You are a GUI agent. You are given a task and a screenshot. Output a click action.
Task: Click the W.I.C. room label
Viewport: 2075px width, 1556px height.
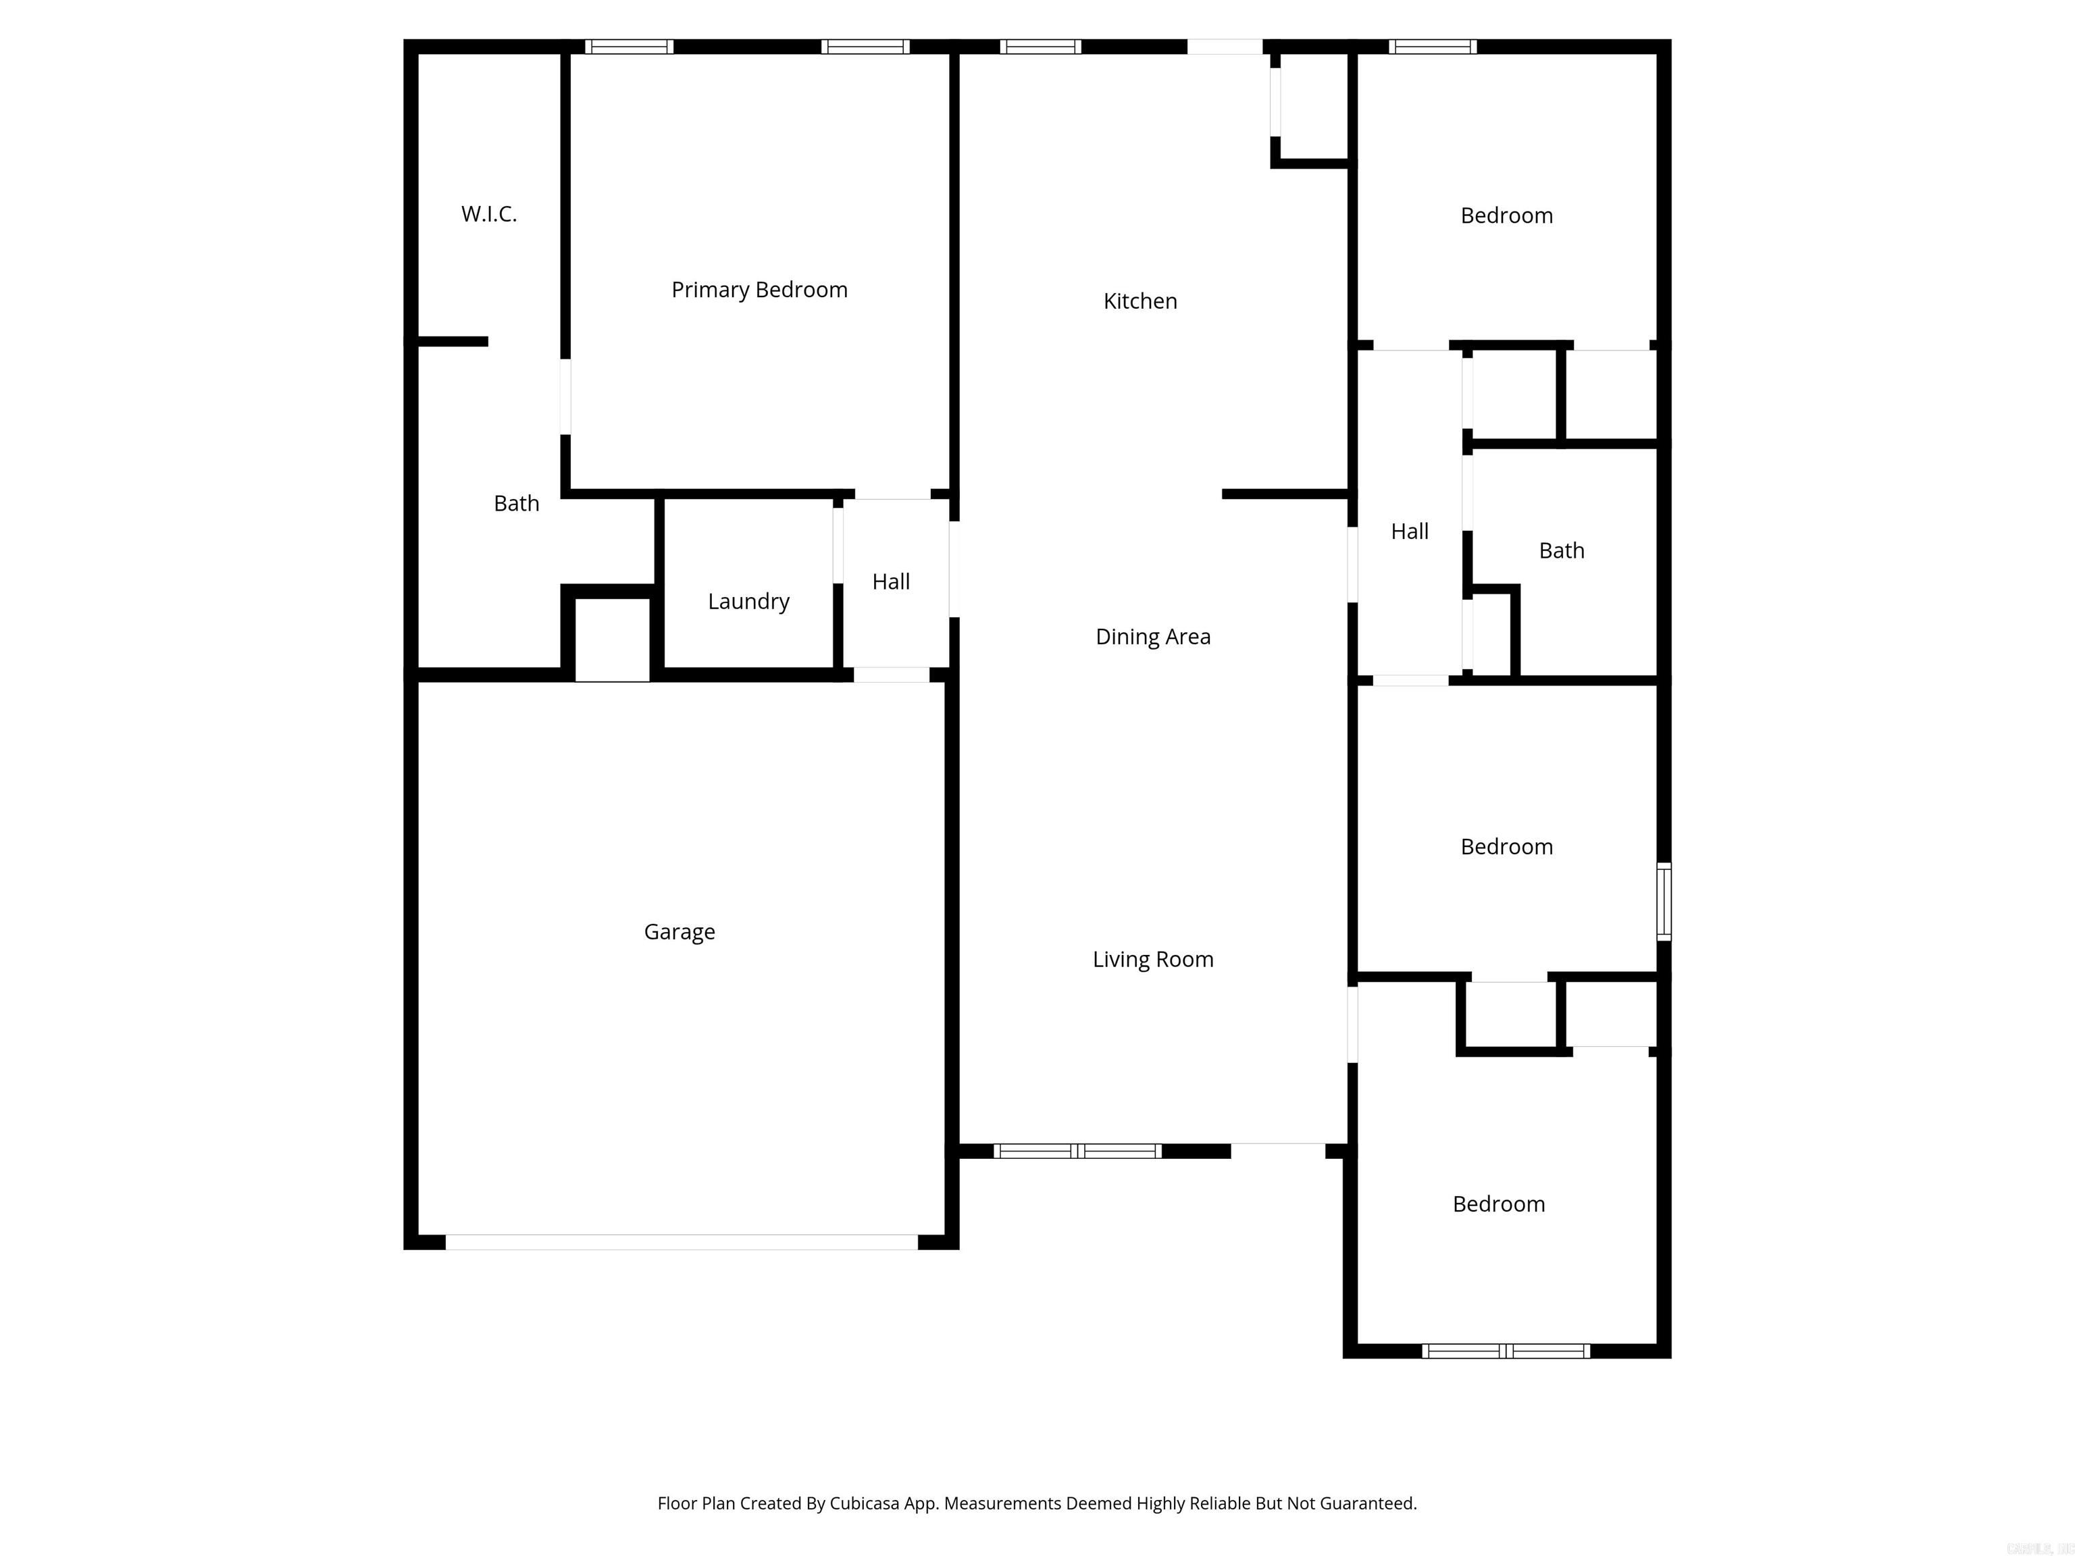[489, 214]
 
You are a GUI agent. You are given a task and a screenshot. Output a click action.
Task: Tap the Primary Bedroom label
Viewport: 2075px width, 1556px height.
[759, 290]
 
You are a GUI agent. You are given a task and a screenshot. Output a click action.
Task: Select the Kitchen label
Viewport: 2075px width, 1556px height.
[1139, 301]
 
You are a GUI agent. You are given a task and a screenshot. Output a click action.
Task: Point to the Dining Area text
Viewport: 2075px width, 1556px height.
[1153, 637]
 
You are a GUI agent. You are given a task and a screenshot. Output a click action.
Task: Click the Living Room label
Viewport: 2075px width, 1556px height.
[1153, 960]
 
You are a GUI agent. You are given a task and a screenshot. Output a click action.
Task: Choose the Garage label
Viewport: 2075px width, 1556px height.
[679, 932]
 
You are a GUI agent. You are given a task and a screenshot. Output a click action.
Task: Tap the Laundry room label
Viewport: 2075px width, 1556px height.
[748, 601]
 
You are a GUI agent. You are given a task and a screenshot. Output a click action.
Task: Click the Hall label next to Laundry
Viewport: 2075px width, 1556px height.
[890, 581]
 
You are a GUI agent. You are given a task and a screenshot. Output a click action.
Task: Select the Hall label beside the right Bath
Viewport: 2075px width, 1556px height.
[1409, 531]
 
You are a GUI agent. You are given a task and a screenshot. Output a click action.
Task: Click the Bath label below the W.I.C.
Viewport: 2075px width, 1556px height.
[516, 504]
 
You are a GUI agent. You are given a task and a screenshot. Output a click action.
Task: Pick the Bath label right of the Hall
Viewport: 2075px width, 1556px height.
[1561, 550]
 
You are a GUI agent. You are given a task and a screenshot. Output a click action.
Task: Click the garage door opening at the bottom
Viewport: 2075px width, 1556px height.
[681, 1242]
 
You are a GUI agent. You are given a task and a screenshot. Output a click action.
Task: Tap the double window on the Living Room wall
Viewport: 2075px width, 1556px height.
[1078, 1151]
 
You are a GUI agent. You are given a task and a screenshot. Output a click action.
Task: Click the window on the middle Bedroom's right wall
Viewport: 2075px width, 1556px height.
[1663, 902]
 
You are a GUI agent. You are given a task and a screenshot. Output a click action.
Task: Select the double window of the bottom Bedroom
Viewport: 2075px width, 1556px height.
[1506, 1351]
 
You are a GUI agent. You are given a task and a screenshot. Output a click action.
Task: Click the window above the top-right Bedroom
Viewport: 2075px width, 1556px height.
[1433, 47]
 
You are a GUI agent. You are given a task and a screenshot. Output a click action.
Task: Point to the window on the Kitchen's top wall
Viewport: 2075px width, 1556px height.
[1040, 47]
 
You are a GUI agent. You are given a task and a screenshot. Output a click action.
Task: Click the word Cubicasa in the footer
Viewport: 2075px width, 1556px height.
[864, 1503]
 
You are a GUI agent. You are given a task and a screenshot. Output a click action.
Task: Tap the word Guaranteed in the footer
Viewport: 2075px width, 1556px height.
[1368, 1503]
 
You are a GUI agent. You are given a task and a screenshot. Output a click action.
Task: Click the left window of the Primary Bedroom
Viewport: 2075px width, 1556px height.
[628, 47]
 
